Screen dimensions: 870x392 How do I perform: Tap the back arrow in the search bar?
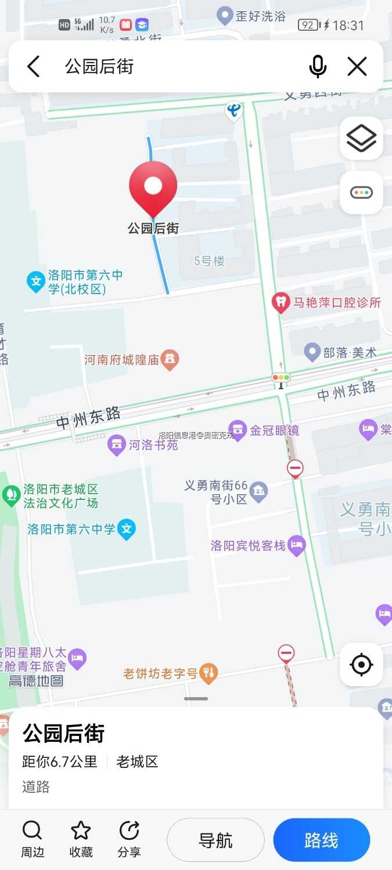pos(34,67)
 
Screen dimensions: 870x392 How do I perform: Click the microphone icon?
pos(318,67)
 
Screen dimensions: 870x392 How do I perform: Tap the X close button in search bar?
pos(357,67)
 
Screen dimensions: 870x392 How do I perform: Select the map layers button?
pos(361,138)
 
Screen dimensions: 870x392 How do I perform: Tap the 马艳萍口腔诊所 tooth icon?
pos(281,302)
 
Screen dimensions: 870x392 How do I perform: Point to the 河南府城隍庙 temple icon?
pos(170,359)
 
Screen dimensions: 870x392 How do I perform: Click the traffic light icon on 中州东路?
pos(281,378)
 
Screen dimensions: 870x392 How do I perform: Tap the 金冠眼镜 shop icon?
pos(237,430)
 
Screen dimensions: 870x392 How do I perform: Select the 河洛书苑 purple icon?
pos(117,445)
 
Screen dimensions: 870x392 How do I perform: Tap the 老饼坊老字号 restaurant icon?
pos(208,673)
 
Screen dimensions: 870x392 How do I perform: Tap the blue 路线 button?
pos(321,840)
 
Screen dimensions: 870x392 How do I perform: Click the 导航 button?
pos(215,840)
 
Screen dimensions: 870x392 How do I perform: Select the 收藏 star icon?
pos(81,831)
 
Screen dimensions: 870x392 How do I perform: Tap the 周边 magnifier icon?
pos(33,831)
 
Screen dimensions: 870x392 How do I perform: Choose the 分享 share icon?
pos(129,831)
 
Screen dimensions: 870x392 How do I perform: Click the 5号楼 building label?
pos(209,261)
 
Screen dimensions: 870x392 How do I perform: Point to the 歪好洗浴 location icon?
pos(224,16)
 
